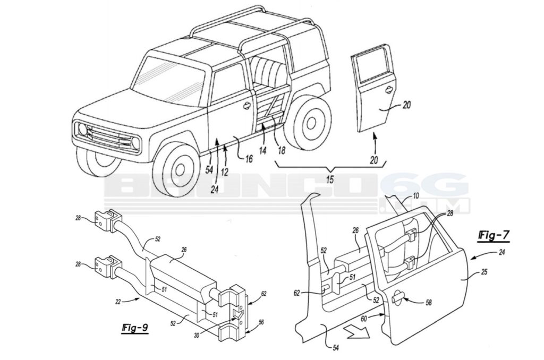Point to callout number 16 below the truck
pyautogui.click(x=249, y=158)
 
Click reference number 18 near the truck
pyautogui.click(x=281, y=150)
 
